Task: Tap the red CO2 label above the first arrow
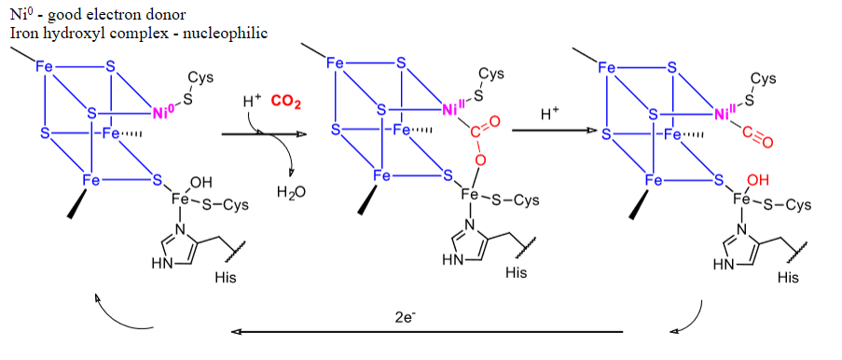point(285,101)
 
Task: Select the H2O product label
point(291,193)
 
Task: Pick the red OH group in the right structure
point(758,179)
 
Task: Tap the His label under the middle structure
point(515,273)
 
